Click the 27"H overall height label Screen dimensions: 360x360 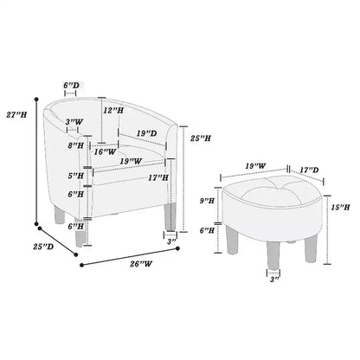click(x=16, y=115)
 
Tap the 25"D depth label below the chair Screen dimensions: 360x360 click(x=43, y=247)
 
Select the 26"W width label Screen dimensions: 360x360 click(x=141, y=264)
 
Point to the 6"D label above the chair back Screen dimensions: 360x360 click(x=71, y=86)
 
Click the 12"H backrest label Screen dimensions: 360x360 click(x=113, y=110)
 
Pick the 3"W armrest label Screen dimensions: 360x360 click(x=74, y=122)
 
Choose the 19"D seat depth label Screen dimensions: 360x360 click(x=147, y=133)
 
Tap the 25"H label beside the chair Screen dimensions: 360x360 click(x=201, y=138)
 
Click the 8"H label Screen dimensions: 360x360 click(x=76, y=145)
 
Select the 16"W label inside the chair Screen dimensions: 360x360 click(x=105, y=151)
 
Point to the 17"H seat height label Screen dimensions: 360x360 click(x=158, y=177)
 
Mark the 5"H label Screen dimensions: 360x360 click(x=76, y=176)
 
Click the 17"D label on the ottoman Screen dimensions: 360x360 click(x=309, y=170)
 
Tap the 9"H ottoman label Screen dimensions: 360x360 click(x=207, y=201)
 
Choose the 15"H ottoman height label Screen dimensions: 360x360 click(x=340, y=207)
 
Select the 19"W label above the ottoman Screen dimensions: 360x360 click(x=255, y=166)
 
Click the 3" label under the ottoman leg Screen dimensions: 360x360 click(x=274, y=280)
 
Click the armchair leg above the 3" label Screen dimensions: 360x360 click(x=170, y=217)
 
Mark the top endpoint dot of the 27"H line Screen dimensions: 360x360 click(x=36, y=100)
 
